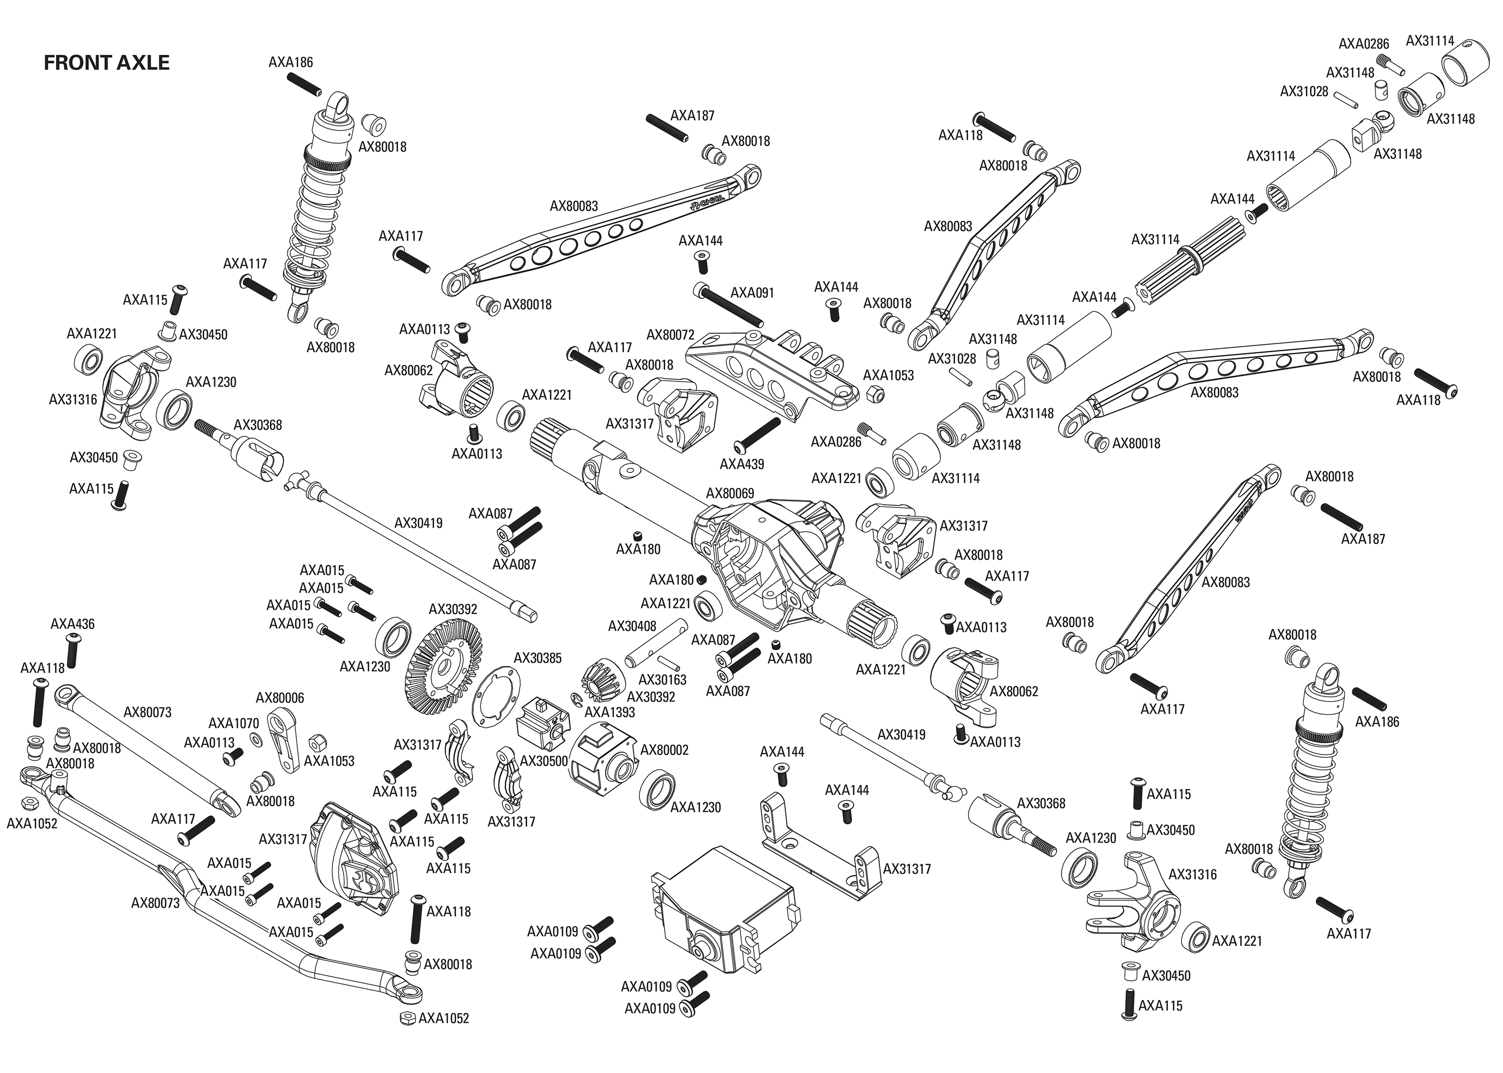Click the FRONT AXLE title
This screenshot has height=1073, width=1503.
click(x=106, y=63)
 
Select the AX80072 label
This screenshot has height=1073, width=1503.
click(x=670, y=335)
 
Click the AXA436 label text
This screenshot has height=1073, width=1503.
click(x=72, y=624)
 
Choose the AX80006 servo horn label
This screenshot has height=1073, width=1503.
click(x=280, y=698)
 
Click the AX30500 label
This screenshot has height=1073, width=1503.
click(x=543, y=761)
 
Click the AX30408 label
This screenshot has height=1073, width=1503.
click(x=632, y=626)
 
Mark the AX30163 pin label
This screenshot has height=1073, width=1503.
click(x=662, y=680)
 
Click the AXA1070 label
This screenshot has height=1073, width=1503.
click(x=233, y=723)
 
